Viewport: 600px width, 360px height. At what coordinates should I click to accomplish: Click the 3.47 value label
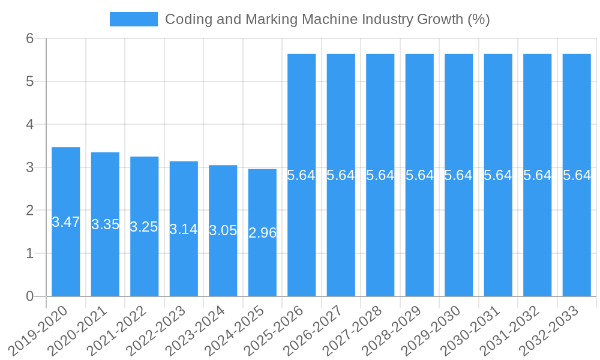(x=66, y=222)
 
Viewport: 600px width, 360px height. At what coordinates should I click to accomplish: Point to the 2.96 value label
(x=262, y=233)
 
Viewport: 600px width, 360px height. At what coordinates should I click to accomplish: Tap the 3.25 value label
(x=144, y=227)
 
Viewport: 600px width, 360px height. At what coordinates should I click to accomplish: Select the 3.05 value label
(x=223, y=230)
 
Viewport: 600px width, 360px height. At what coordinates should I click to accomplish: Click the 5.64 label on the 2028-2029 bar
(x=419, y=175)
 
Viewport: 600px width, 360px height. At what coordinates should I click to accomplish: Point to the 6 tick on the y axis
(x=30, y=38)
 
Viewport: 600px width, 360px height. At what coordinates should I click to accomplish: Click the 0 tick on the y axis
(x=30, y=296)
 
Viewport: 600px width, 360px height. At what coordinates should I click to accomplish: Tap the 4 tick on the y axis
(x=30, y=124)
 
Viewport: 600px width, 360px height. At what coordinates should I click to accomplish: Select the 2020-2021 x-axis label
(x=77, y=330)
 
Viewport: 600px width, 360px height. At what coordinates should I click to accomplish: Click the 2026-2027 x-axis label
(x=313, y=330)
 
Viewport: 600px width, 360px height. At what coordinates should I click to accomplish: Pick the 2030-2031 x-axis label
(x=470, y=330)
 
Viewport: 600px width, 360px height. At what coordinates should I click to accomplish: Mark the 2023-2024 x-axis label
(x=196, y=330)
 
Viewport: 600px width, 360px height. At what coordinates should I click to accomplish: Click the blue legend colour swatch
(x=133, y=19)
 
